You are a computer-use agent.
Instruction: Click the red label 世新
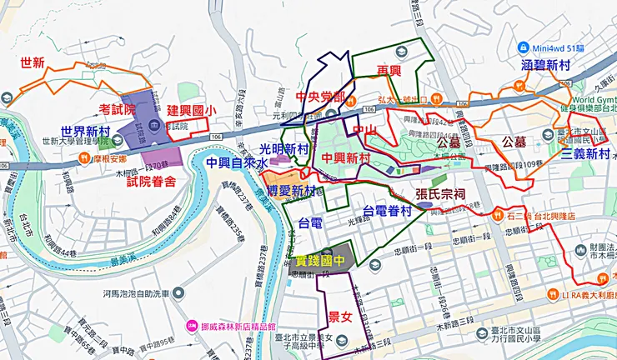tap(33, 62)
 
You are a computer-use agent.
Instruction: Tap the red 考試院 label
tap(117, 108)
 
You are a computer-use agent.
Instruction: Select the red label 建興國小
tap(191, 110)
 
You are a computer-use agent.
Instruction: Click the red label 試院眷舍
tap(150, 182)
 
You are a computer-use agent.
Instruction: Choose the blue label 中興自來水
tap(238, 162)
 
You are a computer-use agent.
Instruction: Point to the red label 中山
tap(365, 130)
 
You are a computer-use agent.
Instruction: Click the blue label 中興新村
tap(346, 158)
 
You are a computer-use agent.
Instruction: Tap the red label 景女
tap(340, 317)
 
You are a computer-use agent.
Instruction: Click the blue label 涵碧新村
tap(545, 64)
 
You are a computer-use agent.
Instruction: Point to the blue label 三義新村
tap(585, 154)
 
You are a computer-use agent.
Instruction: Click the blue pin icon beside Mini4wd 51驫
tap(524, 47)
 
